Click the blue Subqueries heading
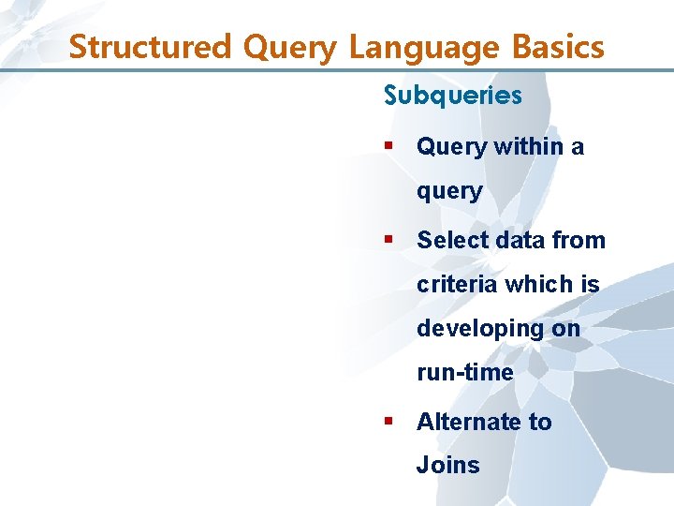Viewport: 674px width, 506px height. click(x=452, y=96)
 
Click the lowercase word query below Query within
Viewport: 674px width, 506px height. click(x=449, y=192)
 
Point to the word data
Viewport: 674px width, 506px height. click(x=515, y=240)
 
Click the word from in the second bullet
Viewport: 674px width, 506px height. click(x=579, y=240)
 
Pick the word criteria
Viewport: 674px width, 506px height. click(x=457, y=284)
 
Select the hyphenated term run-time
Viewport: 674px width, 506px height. click(x=464, y=373)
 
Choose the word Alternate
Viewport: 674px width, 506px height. click(x=470, y=422)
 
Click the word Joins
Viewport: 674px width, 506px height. click(x=447, y=466)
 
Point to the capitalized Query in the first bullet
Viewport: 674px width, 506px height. click(x=451, y=146)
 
